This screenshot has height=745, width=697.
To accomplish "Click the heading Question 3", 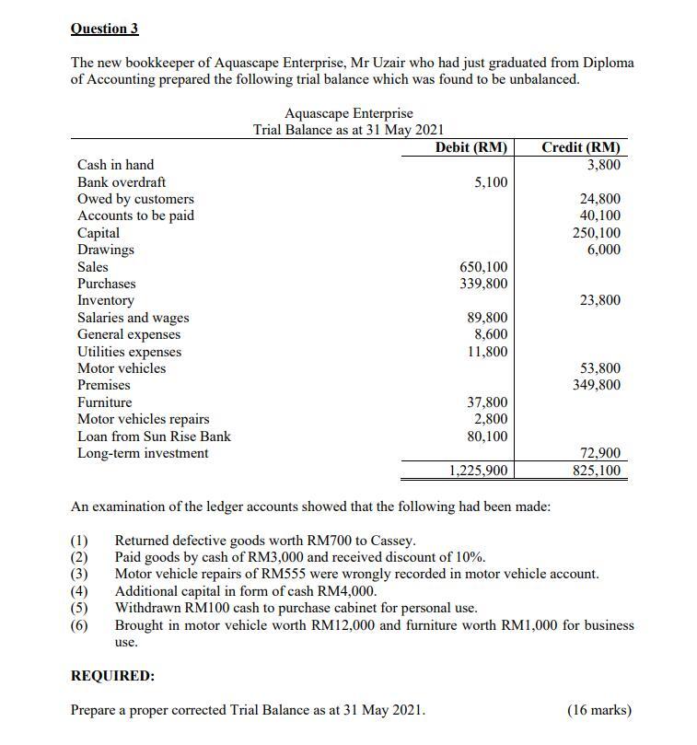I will point(104,29).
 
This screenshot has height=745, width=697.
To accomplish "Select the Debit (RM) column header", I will point(470,147).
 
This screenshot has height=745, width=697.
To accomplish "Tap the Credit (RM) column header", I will point(581,147).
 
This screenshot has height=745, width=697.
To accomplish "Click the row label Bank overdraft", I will point(122,182).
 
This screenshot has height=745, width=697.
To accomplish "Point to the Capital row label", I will point(99,233).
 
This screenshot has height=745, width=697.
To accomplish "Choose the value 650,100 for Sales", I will point(483,267).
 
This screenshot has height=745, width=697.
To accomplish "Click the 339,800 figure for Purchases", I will point(483,284).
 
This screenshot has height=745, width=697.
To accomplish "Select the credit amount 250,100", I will point(597,233).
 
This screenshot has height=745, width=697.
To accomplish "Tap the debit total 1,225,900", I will point(478,471).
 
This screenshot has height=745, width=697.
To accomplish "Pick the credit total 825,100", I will point(597,471).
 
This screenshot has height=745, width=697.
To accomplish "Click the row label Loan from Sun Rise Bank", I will point(154,437).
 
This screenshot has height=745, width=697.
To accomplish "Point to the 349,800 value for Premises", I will point(597,385).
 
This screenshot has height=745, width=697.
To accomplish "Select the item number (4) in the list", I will point(80,591).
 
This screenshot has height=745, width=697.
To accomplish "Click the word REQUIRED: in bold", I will point(113,676).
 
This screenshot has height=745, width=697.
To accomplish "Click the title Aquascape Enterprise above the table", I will point(349,113).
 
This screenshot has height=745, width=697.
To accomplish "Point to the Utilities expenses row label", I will point(129,352).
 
